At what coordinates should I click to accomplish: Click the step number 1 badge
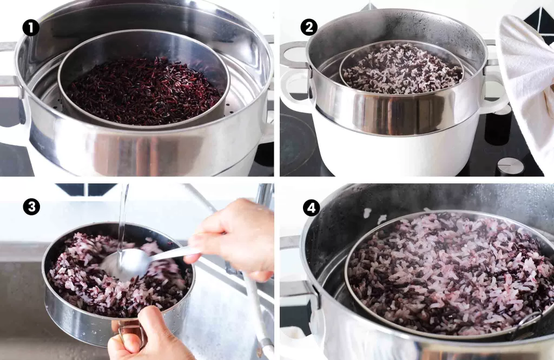pyautogui.click(x=31, y=27)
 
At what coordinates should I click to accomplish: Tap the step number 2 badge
pyautogui.click(x=309, y=27)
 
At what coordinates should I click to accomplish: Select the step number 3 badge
pyautogui.click(x=31, y=207)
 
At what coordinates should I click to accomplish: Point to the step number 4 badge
pyautogui.click(x=311, y=208)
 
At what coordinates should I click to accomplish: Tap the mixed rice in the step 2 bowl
pyautogui.click(x=401, y=70)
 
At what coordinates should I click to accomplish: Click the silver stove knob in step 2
pyautogui.click(x=511, y=166)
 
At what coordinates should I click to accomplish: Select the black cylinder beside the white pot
pyautogui.click(x=497, y=126)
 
